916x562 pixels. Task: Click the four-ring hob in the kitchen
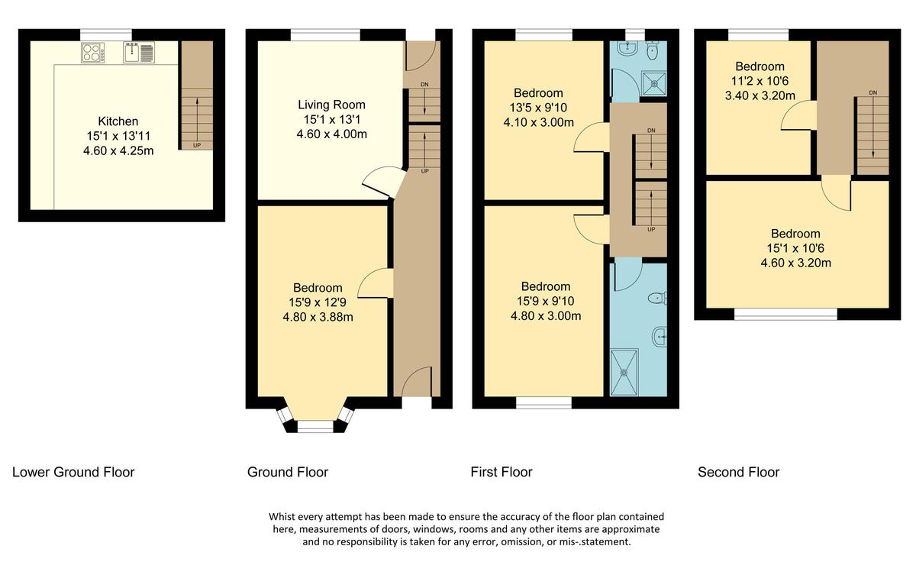[93, 52]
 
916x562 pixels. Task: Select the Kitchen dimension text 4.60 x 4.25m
[118, 150]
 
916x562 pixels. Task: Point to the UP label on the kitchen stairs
[197, 144]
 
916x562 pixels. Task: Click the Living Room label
[331, 105]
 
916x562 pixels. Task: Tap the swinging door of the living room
[383, 182]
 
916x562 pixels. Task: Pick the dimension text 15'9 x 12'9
[318, 302]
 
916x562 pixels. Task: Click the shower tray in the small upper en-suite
[653, 83]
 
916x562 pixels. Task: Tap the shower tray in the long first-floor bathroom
[624, 373]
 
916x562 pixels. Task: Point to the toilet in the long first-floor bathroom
[656, 298]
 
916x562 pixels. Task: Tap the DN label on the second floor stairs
[872, 93]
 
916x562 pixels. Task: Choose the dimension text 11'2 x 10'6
[760, 82]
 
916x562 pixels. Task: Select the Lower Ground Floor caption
[73, 472]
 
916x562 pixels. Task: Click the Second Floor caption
[738, 472]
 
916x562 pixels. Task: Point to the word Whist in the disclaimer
[284, 516]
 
